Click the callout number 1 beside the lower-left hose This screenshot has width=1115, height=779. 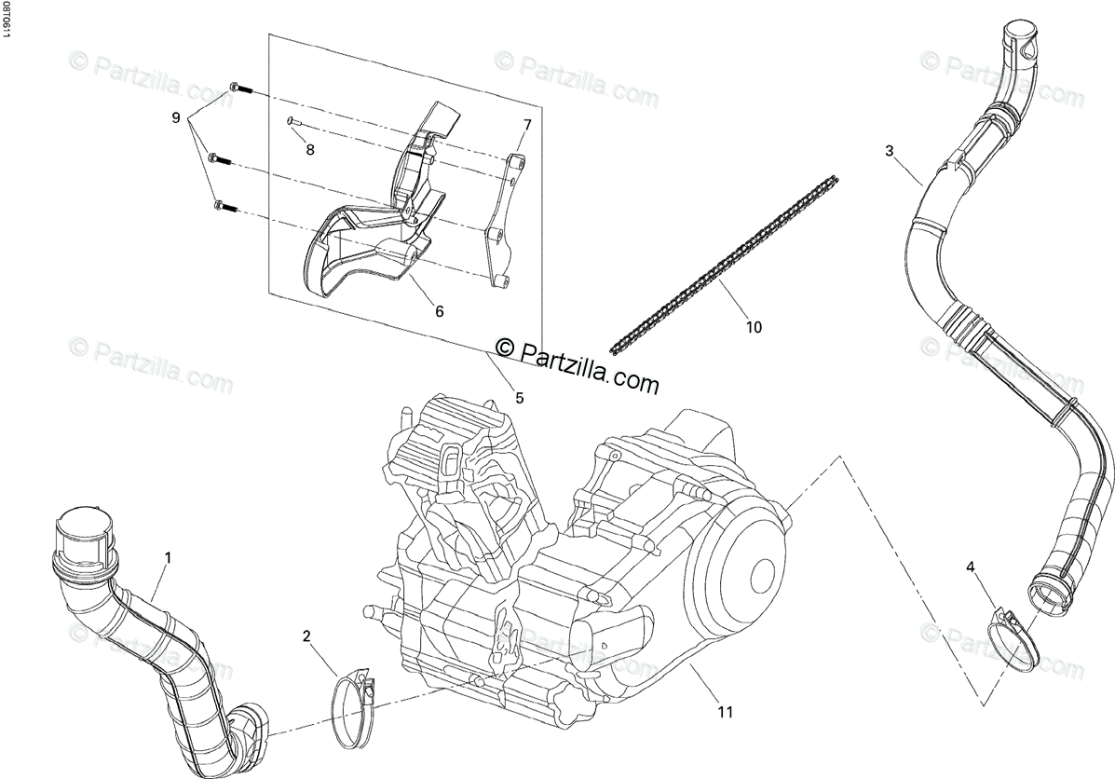click(x=168, y=557)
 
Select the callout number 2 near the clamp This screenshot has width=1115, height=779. click(x=306, y=636)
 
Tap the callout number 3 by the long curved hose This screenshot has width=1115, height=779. click(x=890, y=151)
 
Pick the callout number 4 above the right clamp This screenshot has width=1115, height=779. click(x=971, y=567)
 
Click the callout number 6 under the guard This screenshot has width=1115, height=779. click(x=439, y=311)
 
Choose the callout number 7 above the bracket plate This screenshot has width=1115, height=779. click(x=526, y=125)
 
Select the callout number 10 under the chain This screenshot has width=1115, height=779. click(x=754, y=326)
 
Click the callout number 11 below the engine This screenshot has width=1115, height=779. click(x=726, y=713)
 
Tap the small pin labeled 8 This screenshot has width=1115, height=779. click(x=292, y=119)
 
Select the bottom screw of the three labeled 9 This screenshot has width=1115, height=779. click(x=223, y=205)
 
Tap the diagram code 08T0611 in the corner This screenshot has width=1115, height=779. click(x=7, y=20)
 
